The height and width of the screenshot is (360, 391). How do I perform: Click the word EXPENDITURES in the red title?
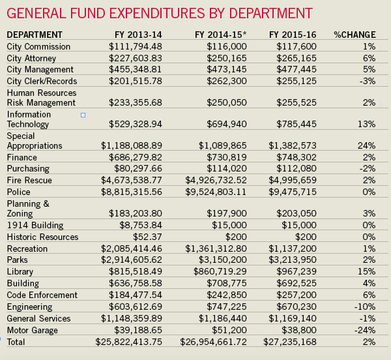pyautogui.click(x=157, y=13)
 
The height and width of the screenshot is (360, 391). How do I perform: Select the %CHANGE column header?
pyautogui.click(x=355, y=35)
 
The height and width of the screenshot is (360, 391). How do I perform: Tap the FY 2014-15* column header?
pyautogui.click(x=221, y=35)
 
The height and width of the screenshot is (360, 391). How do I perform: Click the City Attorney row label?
pyautogui.click(x=31, y=59)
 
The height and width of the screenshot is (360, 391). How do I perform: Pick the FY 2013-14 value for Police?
pyautogui.click(x=132, y=192)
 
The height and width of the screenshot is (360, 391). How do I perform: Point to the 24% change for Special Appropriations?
pyautogui.click(x=366, y=145)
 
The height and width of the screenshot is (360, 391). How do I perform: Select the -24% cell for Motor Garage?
pyautogui.click(x=365, y=330)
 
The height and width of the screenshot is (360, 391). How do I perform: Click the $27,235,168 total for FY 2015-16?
pyautogui.click(x=290, y=342)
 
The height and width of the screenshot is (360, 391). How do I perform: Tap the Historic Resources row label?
pyautogui.click(x=42, y=237)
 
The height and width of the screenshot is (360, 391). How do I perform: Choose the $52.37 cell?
pyautogui.click(x=147, y=237)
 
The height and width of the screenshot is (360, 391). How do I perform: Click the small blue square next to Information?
pyautogui.click(x=83, y=115)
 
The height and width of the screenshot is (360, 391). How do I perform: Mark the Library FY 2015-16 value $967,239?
pyautogui.click(x=297, y=271)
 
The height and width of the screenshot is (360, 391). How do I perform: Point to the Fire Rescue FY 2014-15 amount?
pyautogui.click(x=216, y=180)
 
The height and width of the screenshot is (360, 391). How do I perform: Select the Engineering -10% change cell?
pyautogui.click(x=365, y=307)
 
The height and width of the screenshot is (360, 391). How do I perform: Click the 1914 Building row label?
pyautogui.click(x=35, y=225)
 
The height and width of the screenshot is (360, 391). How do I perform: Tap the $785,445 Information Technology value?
pyautogui.click(x=297, y=124)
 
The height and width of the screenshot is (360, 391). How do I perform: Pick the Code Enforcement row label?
pyautogui.click(x=42, y=295)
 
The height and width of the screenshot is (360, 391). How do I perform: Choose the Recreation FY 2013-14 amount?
pyautogui.click(x=132, y=248)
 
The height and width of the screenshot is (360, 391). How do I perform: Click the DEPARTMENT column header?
pyautogui.click(x=35, y=35)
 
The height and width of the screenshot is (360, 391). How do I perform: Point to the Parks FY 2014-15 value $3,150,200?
pyautogui.click(x=223, y=260)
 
